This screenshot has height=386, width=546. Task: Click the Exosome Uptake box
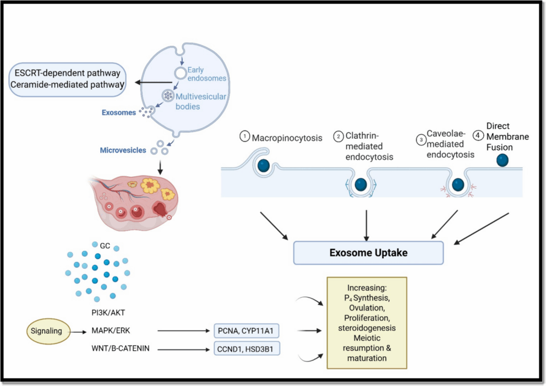368,253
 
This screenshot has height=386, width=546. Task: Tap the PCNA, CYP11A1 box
247,332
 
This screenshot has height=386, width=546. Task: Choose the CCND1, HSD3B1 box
247,350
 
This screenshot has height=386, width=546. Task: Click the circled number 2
339,137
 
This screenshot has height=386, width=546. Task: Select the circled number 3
420,140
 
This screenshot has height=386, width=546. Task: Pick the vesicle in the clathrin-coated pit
361,184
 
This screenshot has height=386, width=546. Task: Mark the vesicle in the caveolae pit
458,184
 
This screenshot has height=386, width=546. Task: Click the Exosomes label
118,113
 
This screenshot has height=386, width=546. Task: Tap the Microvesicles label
123,151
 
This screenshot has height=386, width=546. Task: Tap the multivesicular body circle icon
168,96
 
